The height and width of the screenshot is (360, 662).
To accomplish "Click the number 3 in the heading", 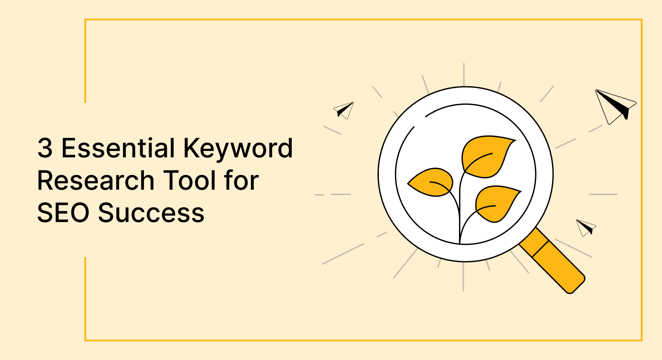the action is [x=45, y=148].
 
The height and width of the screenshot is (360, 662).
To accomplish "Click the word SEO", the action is [x=63, y=213].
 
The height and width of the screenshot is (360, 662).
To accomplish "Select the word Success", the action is [x=151, y=213].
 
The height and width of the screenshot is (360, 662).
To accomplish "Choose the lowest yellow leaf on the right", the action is [x=497, y=203].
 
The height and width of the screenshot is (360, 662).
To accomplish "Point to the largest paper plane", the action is [x=616, y=106].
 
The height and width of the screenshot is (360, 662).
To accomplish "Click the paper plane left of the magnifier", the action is [x=343, y=110].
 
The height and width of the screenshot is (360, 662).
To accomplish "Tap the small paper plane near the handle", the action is [x=586, y=228].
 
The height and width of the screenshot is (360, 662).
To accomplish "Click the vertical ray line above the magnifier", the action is [x=464, y=75].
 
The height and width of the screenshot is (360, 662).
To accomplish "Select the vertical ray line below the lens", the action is [x=463, y=277].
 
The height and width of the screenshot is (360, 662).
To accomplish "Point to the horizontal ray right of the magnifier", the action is [x=603, y=194].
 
